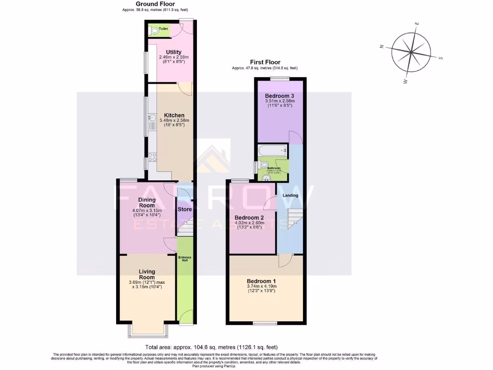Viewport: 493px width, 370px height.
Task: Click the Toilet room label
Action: point(156,29)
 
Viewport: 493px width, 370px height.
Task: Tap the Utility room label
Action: point(173,52)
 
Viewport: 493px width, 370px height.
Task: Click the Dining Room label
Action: point(146,202)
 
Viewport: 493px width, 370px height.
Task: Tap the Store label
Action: point(185,210)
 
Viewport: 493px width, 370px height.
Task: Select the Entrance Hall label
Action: point(185,259)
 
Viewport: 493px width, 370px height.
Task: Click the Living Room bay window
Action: point(147,331)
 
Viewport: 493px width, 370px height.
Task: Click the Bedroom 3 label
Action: point(279,96)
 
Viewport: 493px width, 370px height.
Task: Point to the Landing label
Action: point(290,195)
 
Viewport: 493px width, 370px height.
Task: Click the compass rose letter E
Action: point(418,23)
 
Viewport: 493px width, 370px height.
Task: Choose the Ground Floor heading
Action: point(145,4)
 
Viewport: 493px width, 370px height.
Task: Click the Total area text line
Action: point(211,347)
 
